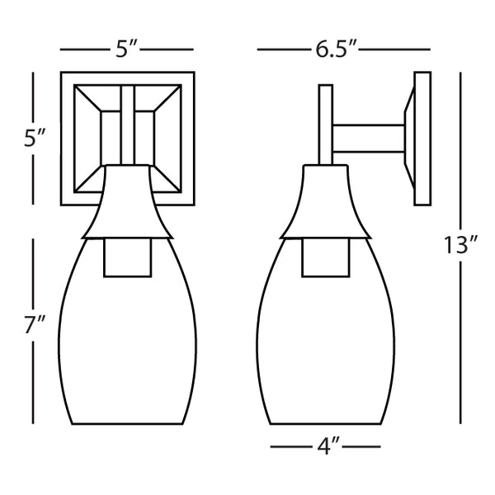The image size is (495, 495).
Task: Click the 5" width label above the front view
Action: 126,49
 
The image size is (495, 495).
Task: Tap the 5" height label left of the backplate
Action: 33,139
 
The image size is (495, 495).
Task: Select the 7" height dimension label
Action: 33,325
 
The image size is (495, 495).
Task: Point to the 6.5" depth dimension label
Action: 335,49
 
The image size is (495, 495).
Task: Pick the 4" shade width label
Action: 327,447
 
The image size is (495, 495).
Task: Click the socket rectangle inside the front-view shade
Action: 127,257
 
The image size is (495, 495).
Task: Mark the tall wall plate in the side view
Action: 422,139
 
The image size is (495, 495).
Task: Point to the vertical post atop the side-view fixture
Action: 325,124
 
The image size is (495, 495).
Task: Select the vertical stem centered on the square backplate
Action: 127,124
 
